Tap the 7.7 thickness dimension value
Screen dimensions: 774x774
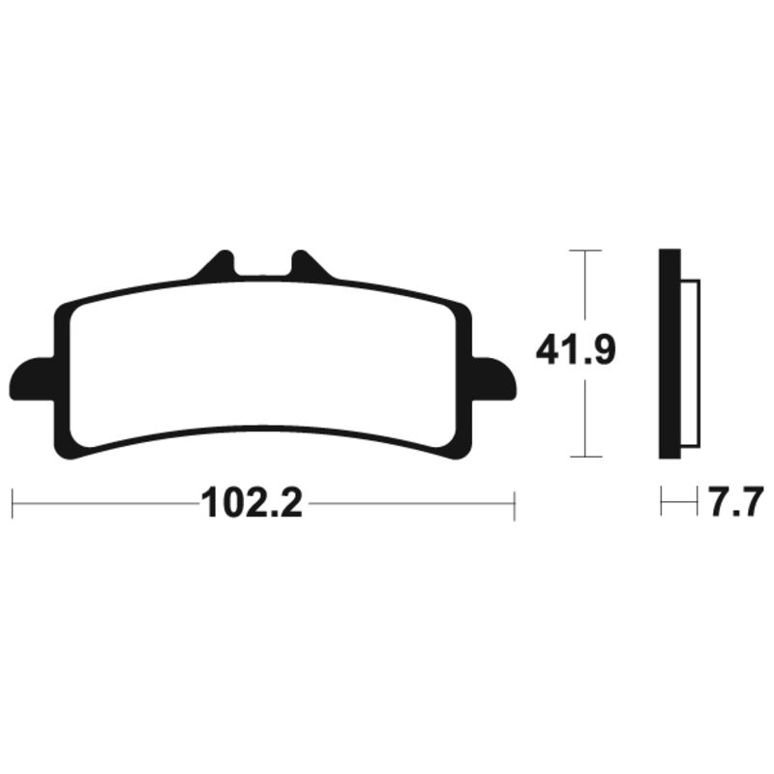735,503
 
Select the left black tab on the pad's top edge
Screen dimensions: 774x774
219,265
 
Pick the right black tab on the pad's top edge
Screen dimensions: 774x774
308,265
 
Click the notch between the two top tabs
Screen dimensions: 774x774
263,268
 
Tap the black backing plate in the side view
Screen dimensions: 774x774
669,353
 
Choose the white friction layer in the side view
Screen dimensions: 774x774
691,364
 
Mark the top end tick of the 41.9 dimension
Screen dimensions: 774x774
585,251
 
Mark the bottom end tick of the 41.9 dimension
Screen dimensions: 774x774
585,457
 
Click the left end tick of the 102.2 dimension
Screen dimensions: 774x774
12,503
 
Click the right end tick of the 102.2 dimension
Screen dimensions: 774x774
515,503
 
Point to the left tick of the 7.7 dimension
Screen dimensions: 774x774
661,502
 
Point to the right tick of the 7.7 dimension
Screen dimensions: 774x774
697,502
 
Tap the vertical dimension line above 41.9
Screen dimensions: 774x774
585,290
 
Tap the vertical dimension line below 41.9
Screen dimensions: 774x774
585,416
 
